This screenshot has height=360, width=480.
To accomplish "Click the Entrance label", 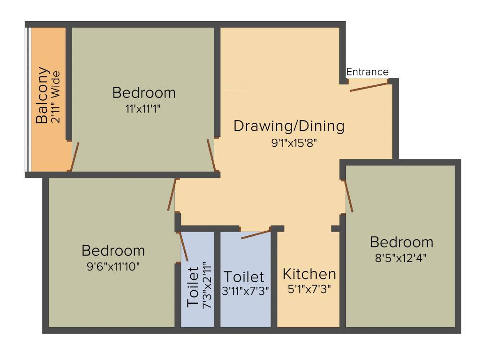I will click(367, 72).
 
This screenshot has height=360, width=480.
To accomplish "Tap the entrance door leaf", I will click(369, 85).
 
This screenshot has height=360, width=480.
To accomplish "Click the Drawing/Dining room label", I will click(289, 126).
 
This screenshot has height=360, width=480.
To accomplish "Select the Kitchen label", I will click(309, 274).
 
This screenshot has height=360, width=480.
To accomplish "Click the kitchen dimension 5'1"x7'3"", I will click(309, 289).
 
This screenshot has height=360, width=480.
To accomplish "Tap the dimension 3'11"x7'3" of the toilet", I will click(245, 291).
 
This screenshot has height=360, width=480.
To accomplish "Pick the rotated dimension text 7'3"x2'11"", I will click(207, 285).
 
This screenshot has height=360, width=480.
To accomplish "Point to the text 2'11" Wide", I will click(56, 97).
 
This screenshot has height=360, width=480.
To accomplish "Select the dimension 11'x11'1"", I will click(144, 109).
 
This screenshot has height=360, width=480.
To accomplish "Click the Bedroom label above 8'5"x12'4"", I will click(401, 242).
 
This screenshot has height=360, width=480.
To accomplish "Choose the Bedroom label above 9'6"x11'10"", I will click(113, 250).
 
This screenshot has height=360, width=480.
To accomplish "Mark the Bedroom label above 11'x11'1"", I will click(144, 93).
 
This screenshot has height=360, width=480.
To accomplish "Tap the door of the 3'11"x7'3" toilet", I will click(256, 233).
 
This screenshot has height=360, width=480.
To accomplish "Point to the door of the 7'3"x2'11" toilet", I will click(184, 246).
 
